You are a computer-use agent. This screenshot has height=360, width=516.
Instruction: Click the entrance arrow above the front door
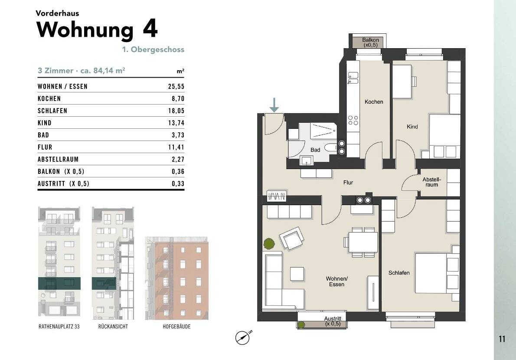(274, 105)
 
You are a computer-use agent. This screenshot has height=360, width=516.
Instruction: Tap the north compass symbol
(243, 337)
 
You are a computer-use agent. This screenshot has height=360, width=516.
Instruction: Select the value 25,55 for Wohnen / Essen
(176, 86)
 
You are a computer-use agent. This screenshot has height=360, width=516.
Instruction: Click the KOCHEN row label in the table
(49, 98)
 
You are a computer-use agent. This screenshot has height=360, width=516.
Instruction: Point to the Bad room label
(315, 150)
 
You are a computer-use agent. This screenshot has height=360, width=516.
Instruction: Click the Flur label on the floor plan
(348, 183)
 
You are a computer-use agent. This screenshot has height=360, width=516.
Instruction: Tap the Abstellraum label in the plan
(431, 182)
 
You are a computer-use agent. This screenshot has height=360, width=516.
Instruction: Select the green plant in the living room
(269, 244)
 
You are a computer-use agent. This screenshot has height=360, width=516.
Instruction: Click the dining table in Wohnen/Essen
(363, 242)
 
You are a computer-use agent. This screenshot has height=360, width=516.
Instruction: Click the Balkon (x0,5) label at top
(370, 43)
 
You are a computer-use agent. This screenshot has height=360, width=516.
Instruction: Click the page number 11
(502, 339)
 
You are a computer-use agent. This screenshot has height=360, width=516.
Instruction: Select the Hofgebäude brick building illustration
(177, 278)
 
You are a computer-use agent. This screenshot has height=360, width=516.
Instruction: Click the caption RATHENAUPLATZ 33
(59, 327)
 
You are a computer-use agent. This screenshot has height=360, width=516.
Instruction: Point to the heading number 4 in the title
(150, 29)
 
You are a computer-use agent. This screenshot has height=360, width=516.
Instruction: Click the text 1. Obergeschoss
(153, 49)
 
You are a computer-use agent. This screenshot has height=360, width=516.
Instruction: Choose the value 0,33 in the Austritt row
(177, 183)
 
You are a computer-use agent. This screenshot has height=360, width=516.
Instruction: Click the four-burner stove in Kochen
(353, 120)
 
